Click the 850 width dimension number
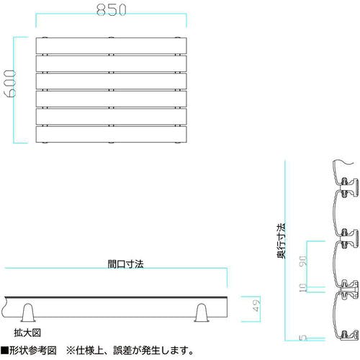click(112, 10)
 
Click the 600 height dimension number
click(11, 84)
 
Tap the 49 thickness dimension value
click(256, 305)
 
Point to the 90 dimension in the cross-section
click(304, 261)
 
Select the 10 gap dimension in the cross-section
click(304, 287)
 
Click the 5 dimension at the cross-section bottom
click(304, 338)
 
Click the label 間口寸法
click(125, 264)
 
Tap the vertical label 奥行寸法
click(282, 240)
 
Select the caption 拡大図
click(27, 333)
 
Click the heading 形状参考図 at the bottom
click(33, 351)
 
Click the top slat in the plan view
click(111, 45)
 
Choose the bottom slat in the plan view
click(111, 135)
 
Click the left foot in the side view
click(28, 313)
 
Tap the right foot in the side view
click(202, 313)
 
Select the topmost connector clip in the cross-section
click(348, 188)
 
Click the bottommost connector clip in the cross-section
click(347, 335)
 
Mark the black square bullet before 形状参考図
click(4, 351)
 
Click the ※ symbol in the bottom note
click(71, 351)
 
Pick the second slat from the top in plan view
click(111, 63)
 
